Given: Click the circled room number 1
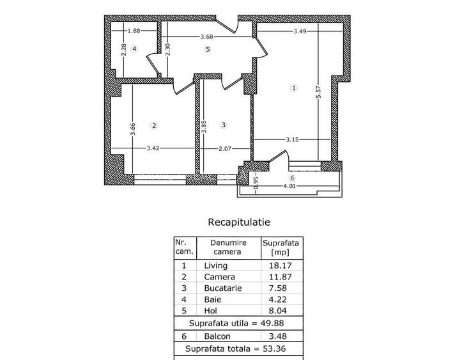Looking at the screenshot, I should pyautogui.click(x=293, y=88).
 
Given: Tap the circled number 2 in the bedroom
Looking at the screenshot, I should pyautogui.click(x=153, y=125).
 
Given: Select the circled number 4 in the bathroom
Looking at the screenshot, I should pyautogui.click(x=134, y=49).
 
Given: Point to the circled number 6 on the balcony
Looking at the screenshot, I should pyautogui.click(x=292, y=178).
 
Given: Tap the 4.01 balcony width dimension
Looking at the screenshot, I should pyautogui.click(x=291, y=187).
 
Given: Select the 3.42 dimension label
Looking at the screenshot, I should pyautogui.click(x=153, y=148).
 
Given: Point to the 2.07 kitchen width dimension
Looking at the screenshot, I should pyautogui.click(x=224, y=148).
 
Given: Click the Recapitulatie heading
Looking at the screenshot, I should pyautogui.click(x=239, y=223).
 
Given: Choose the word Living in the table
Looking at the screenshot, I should pyautogui.click(x=215, y=265).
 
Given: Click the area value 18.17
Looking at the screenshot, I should pyautogui.click(x=282, y=265).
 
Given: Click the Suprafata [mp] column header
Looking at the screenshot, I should pyautogui.click(x=282, y=247).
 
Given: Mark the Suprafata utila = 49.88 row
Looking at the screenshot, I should pyautogui.click(x=238, y=324).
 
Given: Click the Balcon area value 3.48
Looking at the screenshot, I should pyautogui.click(x=282, y=336).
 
